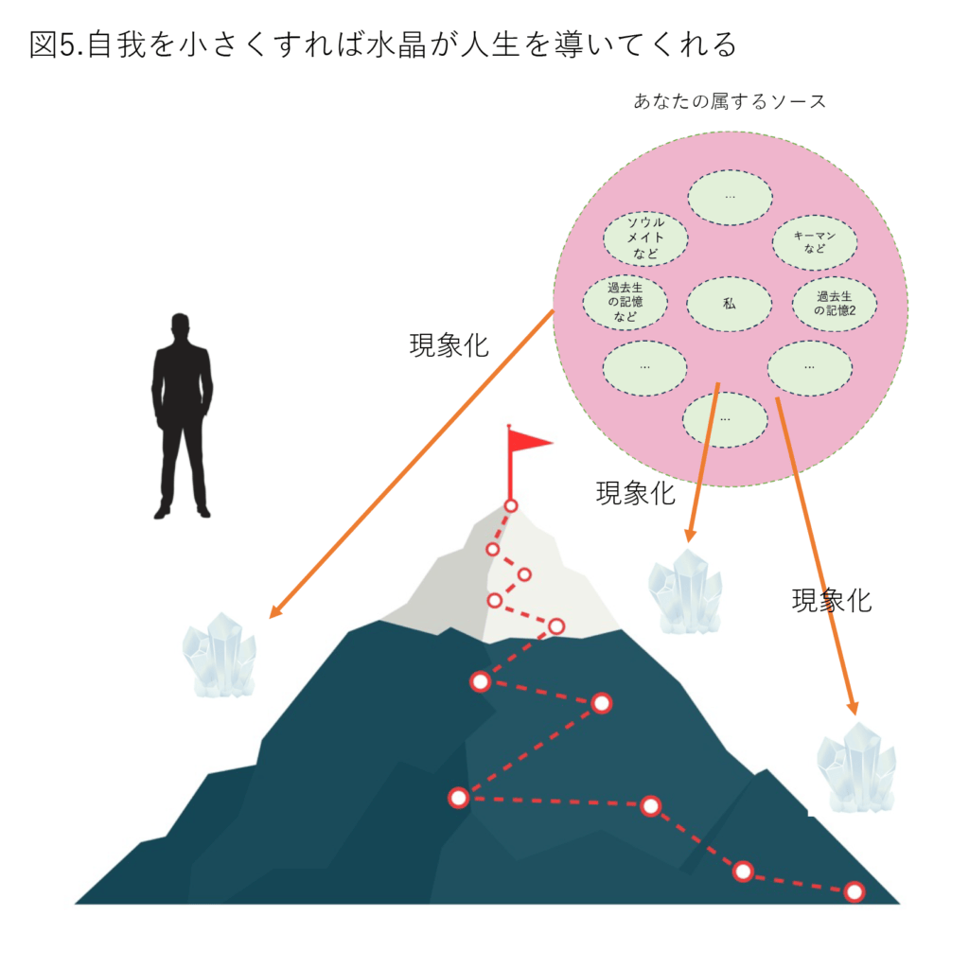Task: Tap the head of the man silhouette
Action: click(x=180, y=326)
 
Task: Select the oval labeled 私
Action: click(x=730, y=304)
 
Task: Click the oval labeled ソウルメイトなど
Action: click(x=645, y=238)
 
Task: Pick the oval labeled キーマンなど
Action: click(x=815, y=242)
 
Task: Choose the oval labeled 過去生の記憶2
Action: click(x=835, y=304)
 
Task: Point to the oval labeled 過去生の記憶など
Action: click(x=625, y=302)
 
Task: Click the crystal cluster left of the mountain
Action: click(x=220, y=655)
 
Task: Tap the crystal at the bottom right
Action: click(x=856, y=766)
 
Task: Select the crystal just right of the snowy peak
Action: click(x=685, y=591)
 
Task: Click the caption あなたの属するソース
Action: click(x=730, y=101)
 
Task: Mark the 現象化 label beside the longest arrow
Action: click(x=449, y=345)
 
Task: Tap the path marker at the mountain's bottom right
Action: click(x=854, y=891)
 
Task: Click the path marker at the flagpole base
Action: click(x=510, y=506)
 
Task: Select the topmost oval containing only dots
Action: click(x=730, y=197)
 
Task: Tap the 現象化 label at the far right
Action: click(x=832, y=600)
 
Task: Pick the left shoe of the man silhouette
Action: click(x=162, y=512)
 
